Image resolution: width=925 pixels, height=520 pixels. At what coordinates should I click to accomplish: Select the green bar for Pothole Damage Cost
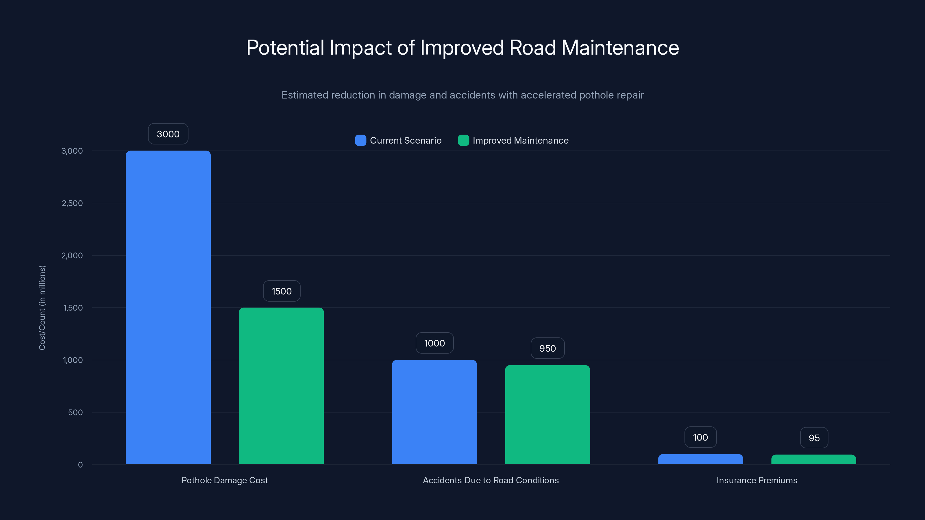(281, 386)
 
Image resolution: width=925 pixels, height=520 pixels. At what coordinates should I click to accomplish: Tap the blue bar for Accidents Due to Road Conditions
(434, 412)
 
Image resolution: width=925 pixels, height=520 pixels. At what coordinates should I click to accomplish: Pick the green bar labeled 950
(547, 415)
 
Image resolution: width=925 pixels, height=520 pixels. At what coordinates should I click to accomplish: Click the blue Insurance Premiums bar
(700, 459)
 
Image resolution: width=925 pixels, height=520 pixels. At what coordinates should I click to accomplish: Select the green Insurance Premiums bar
(813, 460)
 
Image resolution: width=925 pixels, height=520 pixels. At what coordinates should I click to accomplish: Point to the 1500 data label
(282, 291)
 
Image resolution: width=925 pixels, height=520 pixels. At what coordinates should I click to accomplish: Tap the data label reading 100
(700, 437)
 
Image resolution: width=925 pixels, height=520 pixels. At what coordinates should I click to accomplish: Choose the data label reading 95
(814, 438)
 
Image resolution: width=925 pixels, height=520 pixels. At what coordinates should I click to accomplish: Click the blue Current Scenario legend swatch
(360, 140)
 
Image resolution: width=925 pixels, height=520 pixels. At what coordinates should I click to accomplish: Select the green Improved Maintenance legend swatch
(463, 140)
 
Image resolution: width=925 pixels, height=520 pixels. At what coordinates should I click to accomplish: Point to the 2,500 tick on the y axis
(72, 203)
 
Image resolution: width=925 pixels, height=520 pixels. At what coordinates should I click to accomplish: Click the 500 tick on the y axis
(75, 412)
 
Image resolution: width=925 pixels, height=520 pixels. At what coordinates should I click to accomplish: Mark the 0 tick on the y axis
(80, 465)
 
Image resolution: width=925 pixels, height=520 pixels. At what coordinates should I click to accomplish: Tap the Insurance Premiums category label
(756, 480)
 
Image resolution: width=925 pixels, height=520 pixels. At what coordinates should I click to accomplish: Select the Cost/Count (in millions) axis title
(42, 308)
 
